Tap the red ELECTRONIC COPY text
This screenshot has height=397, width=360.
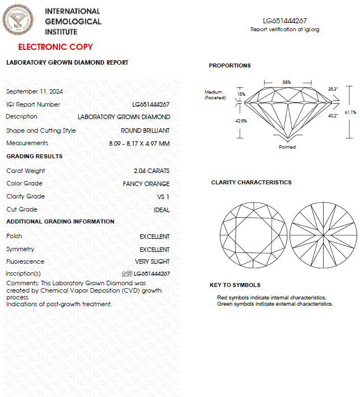tap(55, 47)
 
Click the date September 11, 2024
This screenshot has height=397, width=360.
tap(34, 91)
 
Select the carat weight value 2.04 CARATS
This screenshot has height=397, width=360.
tap(151, 171)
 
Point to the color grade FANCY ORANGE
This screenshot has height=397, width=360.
tap(146, 184)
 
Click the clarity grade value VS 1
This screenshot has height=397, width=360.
tap(163, 197)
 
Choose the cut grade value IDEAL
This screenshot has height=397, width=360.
tap(162, 210)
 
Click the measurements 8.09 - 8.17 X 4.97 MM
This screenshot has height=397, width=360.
tap(140, 143)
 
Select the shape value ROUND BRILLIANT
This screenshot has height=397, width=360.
tap(145, 130)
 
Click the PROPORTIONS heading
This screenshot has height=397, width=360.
tap(229, 66)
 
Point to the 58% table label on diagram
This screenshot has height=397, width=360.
tap(287, 82)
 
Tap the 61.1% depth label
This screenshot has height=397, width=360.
tap(350, 112)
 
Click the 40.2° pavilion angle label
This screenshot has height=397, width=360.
tap(333, 116)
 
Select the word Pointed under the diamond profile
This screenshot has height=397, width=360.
tap(287, 147)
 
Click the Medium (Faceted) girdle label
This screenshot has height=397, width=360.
tap(215, 95)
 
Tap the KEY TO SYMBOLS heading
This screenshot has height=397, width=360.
tap(235, 285)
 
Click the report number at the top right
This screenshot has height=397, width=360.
tap(285, 21)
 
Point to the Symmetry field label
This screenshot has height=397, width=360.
tap(20, 249)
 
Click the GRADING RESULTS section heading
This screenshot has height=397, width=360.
tap(34, 156)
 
